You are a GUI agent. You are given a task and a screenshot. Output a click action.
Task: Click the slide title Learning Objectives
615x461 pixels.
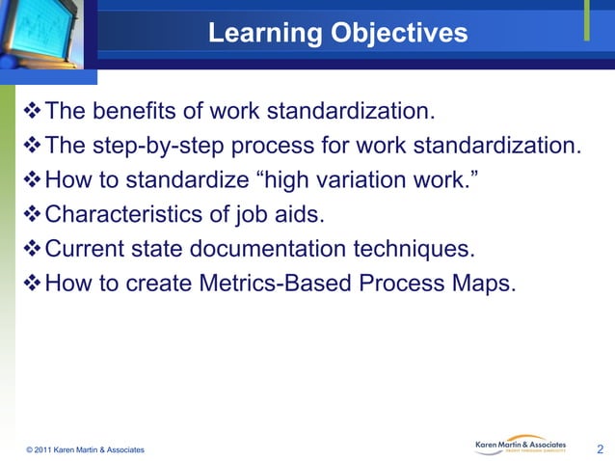tap(337, 34)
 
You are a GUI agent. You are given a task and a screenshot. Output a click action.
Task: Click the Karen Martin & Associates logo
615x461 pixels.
tap(521, 444)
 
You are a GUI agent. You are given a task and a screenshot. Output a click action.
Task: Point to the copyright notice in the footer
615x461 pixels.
tap(86, 449)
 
